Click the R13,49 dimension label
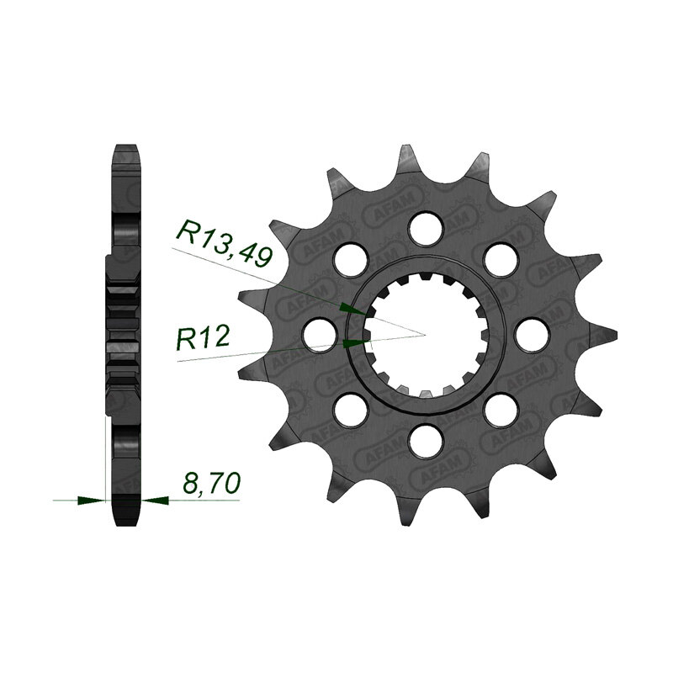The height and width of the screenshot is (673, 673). pos(224,243)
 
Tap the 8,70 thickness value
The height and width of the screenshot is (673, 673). pos(211,483)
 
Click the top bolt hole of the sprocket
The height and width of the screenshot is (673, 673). pos(427,229)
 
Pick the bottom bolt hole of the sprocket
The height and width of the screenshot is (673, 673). pos(427,441)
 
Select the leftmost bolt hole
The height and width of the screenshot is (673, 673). pos(320,335)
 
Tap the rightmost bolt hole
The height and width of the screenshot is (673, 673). pos(533,335)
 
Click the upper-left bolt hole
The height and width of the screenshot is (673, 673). pos(352,260)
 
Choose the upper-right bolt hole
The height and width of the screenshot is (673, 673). pos(501,260)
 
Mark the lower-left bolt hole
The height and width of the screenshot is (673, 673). pos(352,410)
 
